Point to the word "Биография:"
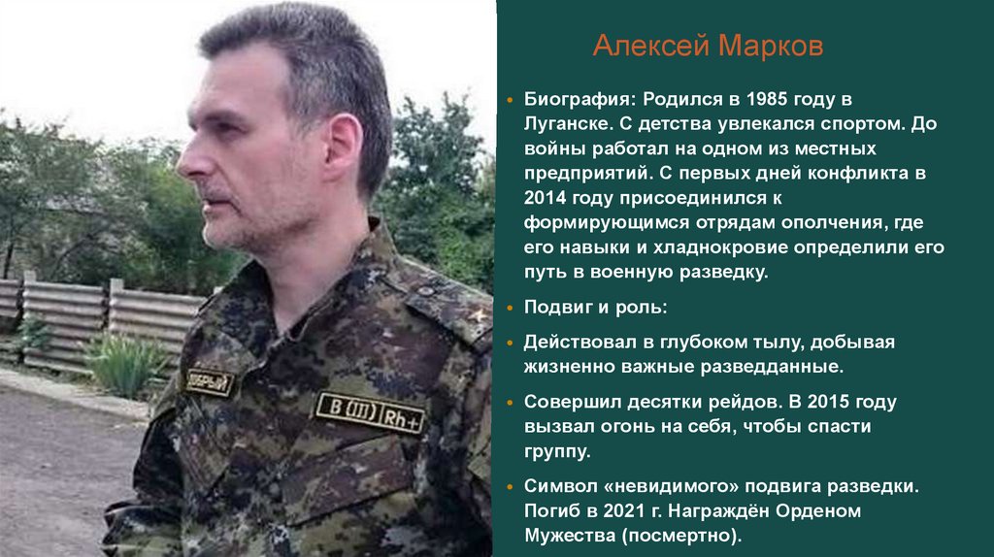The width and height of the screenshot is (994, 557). pos(578,100)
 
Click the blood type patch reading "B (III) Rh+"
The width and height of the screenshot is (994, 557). pos(370,411)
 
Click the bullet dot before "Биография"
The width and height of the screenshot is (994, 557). pos(512,100)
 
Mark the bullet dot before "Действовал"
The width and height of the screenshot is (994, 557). pos(512,343)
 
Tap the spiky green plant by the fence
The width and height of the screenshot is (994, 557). pos(126,363)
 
